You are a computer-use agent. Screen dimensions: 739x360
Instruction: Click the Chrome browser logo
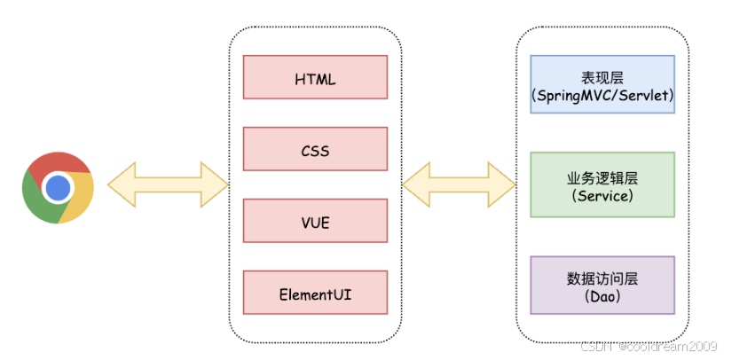point(58,188)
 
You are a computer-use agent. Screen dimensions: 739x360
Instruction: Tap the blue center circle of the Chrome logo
point(58,188)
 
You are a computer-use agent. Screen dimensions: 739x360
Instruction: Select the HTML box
point(315,77)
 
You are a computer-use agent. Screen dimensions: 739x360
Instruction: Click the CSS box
point(315,149)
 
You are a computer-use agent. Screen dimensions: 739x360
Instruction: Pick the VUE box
point(315,221)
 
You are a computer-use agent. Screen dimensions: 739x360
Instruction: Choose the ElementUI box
point(315,292)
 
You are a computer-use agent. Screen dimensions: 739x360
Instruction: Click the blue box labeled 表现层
point(602,84)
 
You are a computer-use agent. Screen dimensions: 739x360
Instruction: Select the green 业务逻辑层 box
point(602,184)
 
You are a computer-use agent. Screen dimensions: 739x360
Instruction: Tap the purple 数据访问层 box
point(602,286)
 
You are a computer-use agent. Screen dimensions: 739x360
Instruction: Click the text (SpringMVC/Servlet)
point(602,96)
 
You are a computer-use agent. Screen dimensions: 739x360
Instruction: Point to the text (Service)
point(602,196)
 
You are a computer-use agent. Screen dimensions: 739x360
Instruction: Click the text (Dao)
point(602,297)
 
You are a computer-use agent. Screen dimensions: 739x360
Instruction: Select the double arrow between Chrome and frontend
point(169,184)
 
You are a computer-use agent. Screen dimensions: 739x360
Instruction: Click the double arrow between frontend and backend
point(459,184)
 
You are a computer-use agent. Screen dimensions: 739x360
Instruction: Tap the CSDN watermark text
point(649,347)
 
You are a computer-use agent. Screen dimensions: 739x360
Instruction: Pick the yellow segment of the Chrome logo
point(79,198)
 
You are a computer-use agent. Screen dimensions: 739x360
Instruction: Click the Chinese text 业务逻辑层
point(602,178)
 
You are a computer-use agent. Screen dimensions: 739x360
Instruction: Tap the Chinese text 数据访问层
point(602,279)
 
